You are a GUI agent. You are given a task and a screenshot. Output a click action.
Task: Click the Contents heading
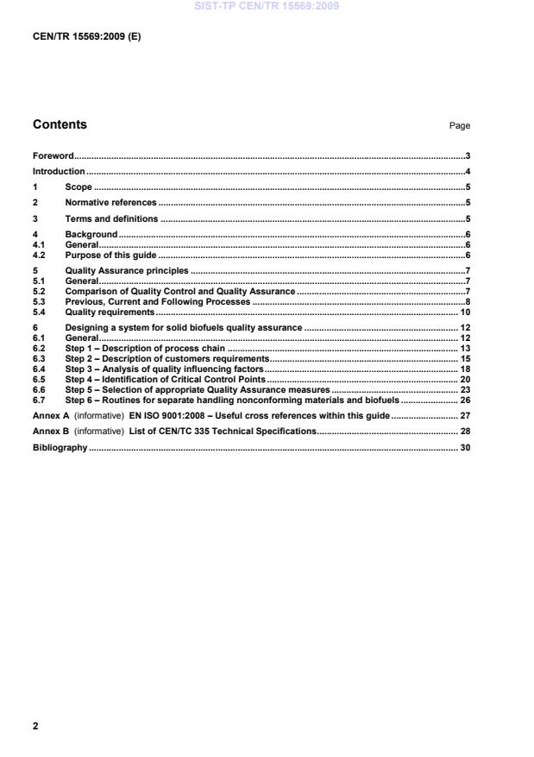pyautogui.click(x=60, y=124)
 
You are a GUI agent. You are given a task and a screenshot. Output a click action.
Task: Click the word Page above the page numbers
pyautogui.click(x=460, y=126)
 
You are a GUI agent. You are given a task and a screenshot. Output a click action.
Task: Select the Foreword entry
pyautogui.click(x=53, y=156)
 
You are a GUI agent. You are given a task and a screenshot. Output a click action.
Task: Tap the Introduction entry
pyautogui.click(x=59, y=172)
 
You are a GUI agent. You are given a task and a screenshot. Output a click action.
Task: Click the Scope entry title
pyautogui.click(x=79, y=187)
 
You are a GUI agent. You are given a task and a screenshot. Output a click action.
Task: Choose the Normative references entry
pyautogui.click(x=110, y=203)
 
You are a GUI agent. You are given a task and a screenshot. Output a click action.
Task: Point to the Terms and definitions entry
pyautogui.click(x=111, y=219)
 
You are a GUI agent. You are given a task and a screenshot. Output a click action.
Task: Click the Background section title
pyautogui.click(x=91, y=235)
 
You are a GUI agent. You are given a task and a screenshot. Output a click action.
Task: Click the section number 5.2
pyautogui.click(x=39, y=292)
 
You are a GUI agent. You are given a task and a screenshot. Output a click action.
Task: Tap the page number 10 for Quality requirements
pyautogui.click(x=464, y=312)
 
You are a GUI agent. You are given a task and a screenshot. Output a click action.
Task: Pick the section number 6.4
pyautogui.click(x=39, y=369)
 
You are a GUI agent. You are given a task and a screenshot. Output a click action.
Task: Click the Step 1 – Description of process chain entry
pyautogui.click(x=145, y=348)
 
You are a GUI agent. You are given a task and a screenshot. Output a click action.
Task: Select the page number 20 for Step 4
pyautogui.click(x=464, y=379)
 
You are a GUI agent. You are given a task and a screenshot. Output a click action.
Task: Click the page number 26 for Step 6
pyautogui.click(x=464, y=400)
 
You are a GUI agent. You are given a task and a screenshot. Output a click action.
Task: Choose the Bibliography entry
pyautogui.click(x=60, y=446)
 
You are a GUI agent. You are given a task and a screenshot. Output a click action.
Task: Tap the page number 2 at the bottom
pyautogui.click(x=35, y=726)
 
